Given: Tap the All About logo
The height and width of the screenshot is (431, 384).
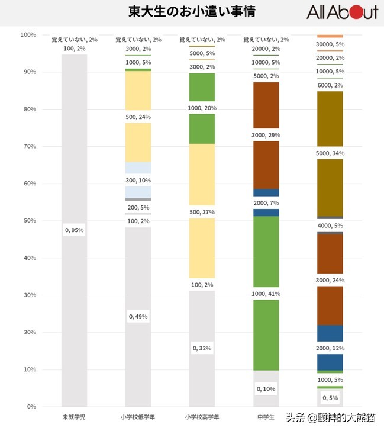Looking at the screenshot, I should tap(342, 12).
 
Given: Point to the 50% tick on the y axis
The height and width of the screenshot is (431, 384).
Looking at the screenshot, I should tap(28, 221).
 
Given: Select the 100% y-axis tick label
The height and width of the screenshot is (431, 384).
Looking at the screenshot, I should tap(27, 35).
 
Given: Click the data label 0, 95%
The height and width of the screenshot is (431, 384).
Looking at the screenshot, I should tap(74, 230).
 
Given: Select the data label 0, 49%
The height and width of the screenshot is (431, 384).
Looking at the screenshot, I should tap(138, 317).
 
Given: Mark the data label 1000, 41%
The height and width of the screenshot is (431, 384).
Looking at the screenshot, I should tap(266, 294).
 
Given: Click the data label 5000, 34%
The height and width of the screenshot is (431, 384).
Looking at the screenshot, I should tap(330, 153).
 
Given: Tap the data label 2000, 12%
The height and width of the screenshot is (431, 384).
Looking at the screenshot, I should tap(330, 348).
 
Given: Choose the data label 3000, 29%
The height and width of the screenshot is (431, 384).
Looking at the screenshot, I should tap(266, 136).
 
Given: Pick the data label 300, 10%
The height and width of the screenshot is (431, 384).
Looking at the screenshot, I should tap(138, 180).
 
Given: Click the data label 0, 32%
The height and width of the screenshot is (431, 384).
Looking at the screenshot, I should tap(202, 348).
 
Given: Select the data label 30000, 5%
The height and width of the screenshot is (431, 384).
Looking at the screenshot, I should tap(330, 44).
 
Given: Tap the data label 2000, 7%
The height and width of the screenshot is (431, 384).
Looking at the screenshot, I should tap(266, 202).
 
